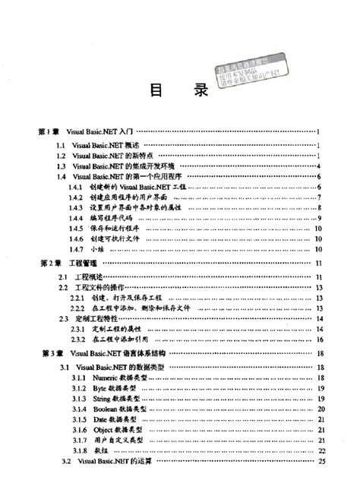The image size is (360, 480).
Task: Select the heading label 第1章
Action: tap(49, 132)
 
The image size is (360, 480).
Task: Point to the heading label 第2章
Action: tap(49, 264)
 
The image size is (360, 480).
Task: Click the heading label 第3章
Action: tap(49, 355)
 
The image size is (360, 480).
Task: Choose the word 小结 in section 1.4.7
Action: tap(96, 250)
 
